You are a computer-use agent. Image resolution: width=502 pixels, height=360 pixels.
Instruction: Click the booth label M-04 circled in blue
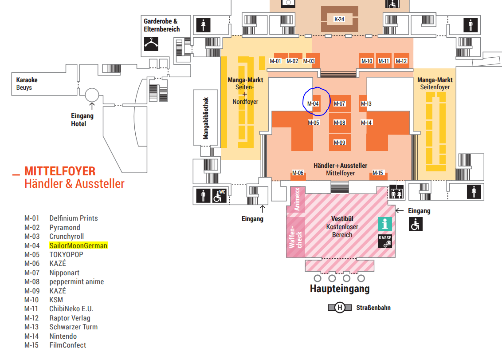313,104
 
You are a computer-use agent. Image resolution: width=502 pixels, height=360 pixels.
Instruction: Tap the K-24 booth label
339,19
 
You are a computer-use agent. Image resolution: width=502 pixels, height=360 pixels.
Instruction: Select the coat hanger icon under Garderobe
151,43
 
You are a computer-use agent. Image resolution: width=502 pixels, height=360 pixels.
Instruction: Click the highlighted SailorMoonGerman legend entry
78,245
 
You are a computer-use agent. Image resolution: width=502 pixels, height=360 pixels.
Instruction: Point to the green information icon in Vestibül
385,224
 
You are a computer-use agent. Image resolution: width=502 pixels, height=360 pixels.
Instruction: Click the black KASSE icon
385,241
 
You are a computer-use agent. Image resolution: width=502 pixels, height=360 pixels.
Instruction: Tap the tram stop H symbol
340,308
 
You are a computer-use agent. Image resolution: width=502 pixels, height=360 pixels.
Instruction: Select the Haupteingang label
339,289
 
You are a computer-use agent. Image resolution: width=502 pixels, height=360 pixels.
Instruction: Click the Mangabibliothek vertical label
206,118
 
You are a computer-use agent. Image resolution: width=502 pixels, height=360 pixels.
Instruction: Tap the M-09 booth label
339,142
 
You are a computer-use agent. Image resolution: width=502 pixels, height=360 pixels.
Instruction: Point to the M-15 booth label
378,173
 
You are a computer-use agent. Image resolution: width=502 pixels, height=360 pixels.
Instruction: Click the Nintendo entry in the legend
63,336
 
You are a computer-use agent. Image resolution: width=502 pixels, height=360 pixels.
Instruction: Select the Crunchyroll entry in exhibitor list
67,237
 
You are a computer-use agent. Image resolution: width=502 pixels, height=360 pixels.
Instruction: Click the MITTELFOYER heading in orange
60,171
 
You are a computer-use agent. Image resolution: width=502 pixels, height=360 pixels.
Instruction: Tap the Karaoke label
27,80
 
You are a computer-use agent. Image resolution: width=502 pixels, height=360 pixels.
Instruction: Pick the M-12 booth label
401,61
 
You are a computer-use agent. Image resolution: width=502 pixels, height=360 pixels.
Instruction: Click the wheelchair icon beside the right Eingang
416,224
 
